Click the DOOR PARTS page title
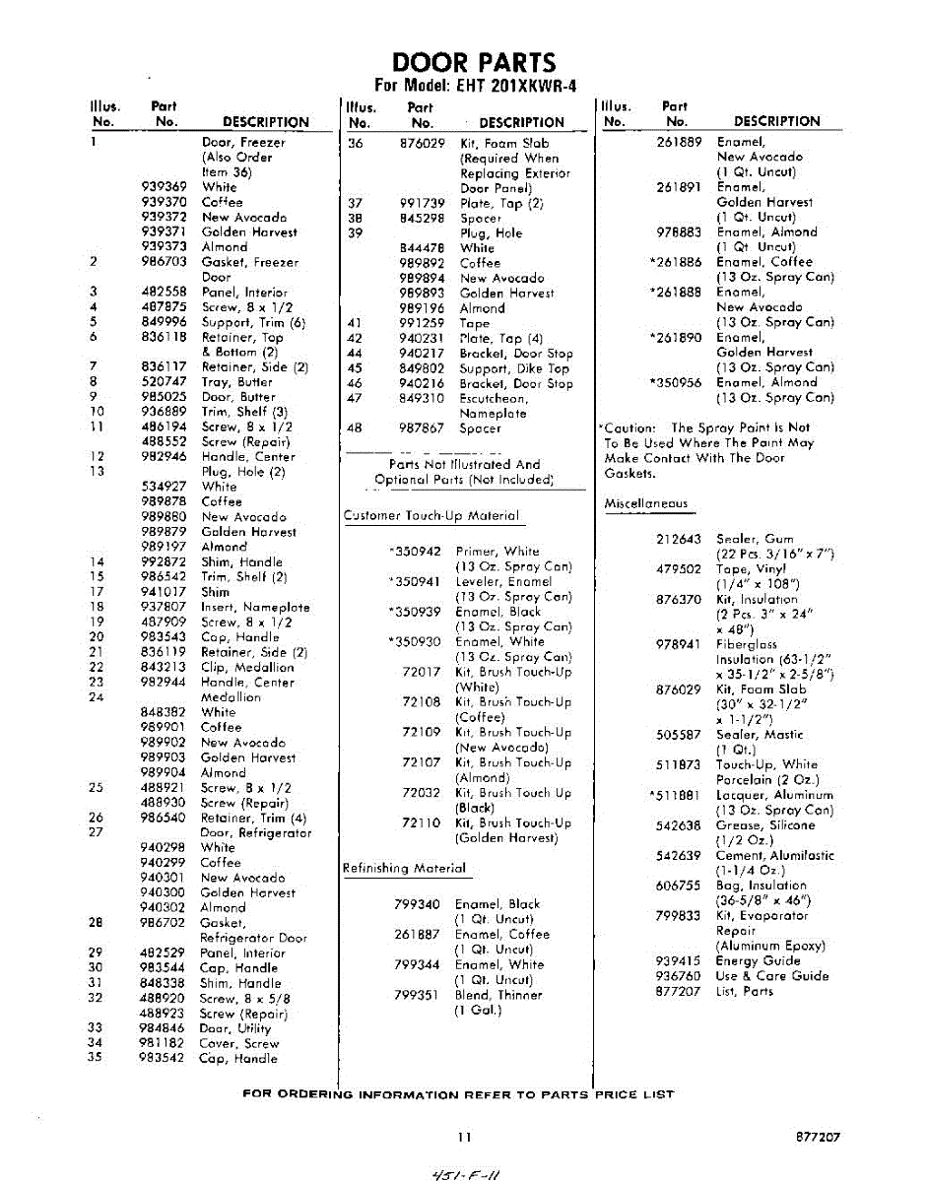474,62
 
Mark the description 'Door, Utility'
235,1028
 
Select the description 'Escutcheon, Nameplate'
494,406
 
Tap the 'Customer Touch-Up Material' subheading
430,515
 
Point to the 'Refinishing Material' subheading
403,868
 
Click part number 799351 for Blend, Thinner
416,995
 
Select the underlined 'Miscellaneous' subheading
645,503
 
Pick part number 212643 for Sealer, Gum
678,539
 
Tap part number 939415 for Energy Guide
678,960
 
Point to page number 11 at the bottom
464,1136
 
